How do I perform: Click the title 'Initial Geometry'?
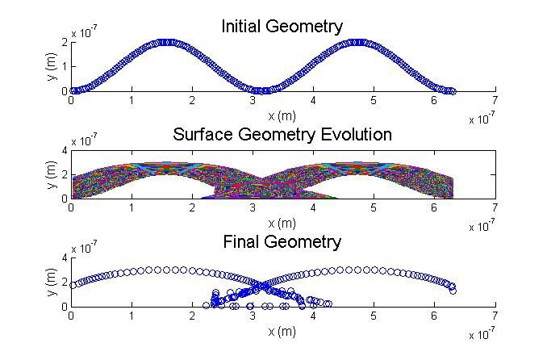point(282,27)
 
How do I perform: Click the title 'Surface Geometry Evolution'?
point(282,134)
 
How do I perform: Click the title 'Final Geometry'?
point(282,241)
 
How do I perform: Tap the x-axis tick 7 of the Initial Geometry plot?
point(494,101)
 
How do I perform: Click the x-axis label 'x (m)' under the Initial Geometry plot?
point(282,115)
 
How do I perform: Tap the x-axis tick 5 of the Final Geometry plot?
point(373,316)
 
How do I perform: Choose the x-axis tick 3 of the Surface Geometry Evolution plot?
point(252,208)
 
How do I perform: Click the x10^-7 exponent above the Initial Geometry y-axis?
point(83,33)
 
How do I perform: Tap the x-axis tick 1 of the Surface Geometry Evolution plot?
point(132,208)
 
